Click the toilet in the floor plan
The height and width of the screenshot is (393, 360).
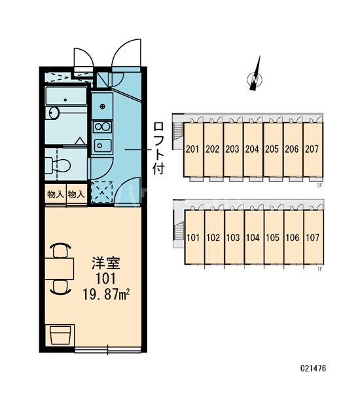[x=58, y=165]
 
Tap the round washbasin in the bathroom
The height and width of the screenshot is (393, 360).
[x=54, y=113]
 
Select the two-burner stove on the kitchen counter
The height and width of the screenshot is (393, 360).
[x=102, y=126]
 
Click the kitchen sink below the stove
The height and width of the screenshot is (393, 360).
[x=103, y=145]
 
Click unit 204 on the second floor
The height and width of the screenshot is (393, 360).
[x=252, y=149]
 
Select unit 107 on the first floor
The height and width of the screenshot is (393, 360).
[x=313, y=237]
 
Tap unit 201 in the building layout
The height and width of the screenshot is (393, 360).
[x=192, y=149]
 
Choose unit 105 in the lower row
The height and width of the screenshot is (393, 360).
[x=273, y=237]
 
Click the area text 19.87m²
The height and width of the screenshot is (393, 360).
[x=105, y=295]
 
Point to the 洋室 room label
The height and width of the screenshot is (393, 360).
[x=105, y=263]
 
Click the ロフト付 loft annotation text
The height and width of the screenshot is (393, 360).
[x=158, y=148]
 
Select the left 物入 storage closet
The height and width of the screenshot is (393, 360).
[x=56, y=195]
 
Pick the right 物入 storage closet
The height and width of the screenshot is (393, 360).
[x=77, y=195]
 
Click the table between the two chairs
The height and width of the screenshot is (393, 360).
[x=60, y=269]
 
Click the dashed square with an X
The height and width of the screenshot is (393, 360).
[x=102, y=192]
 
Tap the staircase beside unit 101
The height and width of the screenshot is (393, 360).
[x=179, y=231]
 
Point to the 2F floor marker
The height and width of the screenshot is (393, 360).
[x=319, y=185]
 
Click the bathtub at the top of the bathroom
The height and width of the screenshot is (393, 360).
[x=66, y=96]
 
